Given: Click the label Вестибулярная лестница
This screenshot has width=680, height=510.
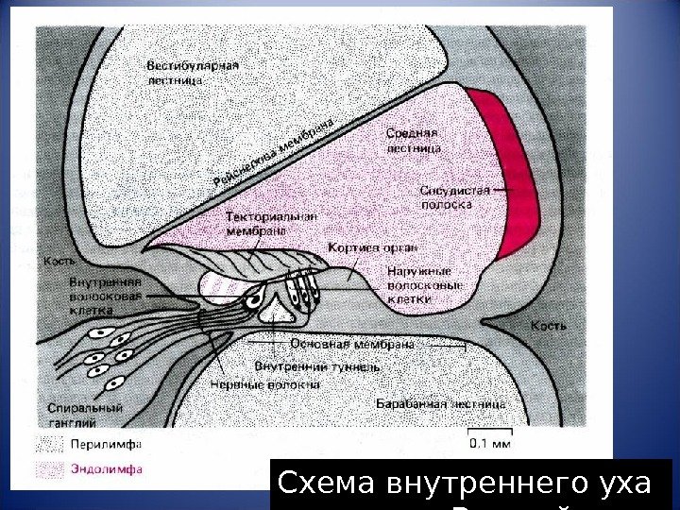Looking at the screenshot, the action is [x=192, y=73].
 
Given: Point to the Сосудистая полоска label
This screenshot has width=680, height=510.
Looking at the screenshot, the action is [x=455, y=196].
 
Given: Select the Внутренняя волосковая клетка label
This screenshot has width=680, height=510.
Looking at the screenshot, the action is [x=106, y=295].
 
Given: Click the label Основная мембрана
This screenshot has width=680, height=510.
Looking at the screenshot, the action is [x=352, y=344].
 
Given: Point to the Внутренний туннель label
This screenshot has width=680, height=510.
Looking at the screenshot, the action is [x=316, y=365].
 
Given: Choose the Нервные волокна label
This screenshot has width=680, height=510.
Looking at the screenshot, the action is [x=278, y=384].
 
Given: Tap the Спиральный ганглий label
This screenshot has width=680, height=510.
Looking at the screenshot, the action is [x=85, y=416].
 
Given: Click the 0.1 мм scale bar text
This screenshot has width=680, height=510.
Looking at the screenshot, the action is [x=491, y=439].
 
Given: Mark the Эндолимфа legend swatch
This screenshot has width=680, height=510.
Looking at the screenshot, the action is [x=50, y=467].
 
